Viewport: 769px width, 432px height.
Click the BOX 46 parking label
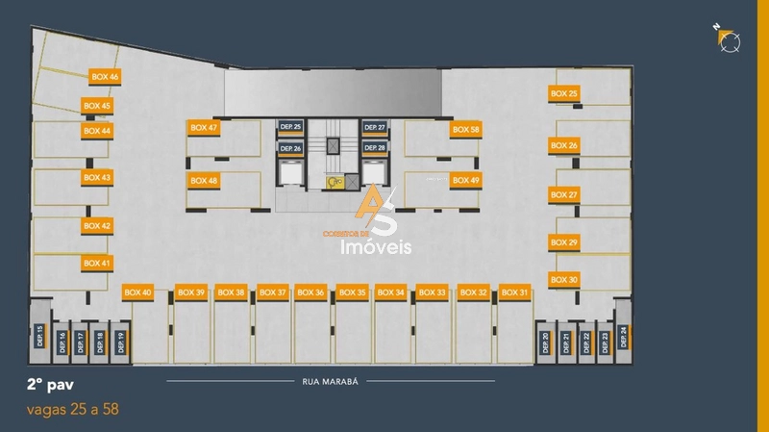point(105,76)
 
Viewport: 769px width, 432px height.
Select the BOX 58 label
point(466,129)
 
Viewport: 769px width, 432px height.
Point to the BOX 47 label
point(205,127)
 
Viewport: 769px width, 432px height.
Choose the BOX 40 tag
point(138,292)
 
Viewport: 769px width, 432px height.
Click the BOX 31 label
point(515,292)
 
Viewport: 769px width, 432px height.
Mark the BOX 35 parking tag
point(353,292)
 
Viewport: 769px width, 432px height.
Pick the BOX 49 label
point(466,180)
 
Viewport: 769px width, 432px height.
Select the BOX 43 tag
point(97,177)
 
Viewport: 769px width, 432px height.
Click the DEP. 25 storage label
point(290,127)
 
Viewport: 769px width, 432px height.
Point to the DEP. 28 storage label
point(375,148)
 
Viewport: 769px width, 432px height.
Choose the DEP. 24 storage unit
point(623,335)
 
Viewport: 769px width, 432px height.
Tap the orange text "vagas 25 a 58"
point(73,410)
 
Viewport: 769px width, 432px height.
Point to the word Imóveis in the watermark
point(377,247)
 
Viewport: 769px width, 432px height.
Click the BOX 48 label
point(205,180)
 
